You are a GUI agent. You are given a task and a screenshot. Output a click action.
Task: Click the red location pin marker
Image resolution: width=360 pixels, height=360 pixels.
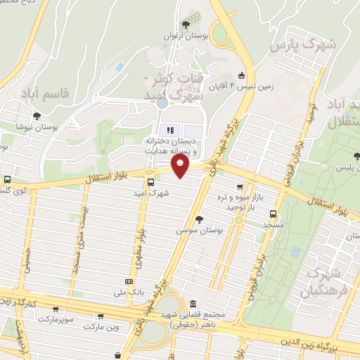[x=181, y=167]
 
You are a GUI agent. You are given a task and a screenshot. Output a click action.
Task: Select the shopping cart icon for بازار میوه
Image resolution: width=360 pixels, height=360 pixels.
[x=240, y=187]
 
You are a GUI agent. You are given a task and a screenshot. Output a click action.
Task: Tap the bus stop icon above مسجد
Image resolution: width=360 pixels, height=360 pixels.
[x=273, y=215]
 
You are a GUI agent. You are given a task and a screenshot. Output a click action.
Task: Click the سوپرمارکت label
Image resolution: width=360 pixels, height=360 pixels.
[x=55, y=319]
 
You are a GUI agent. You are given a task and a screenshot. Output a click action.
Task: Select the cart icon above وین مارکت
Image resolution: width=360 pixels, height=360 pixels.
[x=102, y=317]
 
